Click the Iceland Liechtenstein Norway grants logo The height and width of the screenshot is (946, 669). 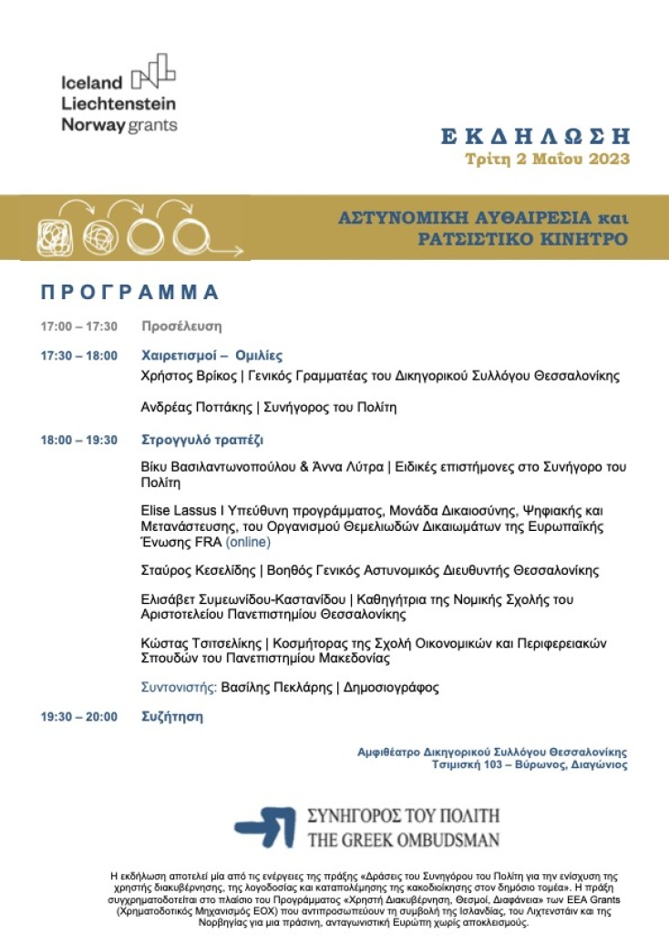coord(118,93)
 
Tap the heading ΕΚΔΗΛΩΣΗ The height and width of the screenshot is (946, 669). coord(535,137)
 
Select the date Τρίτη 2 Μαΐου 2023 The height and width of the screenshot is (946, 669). coord(548,160)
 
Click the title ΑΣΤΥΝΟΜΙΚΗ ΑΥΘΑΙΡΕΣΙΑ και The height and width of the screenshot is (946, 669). coord(484,219)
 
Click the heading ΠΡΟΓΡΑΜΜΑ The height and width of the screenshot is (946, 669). coord(130,292)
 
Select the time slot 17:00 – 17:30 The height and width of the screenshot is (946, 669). coord(78,326)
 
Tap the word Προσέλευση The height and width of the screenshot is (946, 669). coord(181,326)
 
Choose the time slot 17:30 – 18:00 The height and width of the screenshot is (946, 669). coord(78,356)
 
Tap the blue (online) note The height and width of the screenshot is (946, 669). coord(248,542)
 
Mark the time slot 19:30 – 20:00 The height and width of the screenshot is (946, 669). coord(78,717)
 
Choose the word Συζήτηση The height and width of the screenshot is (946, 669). coord(172,717)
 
